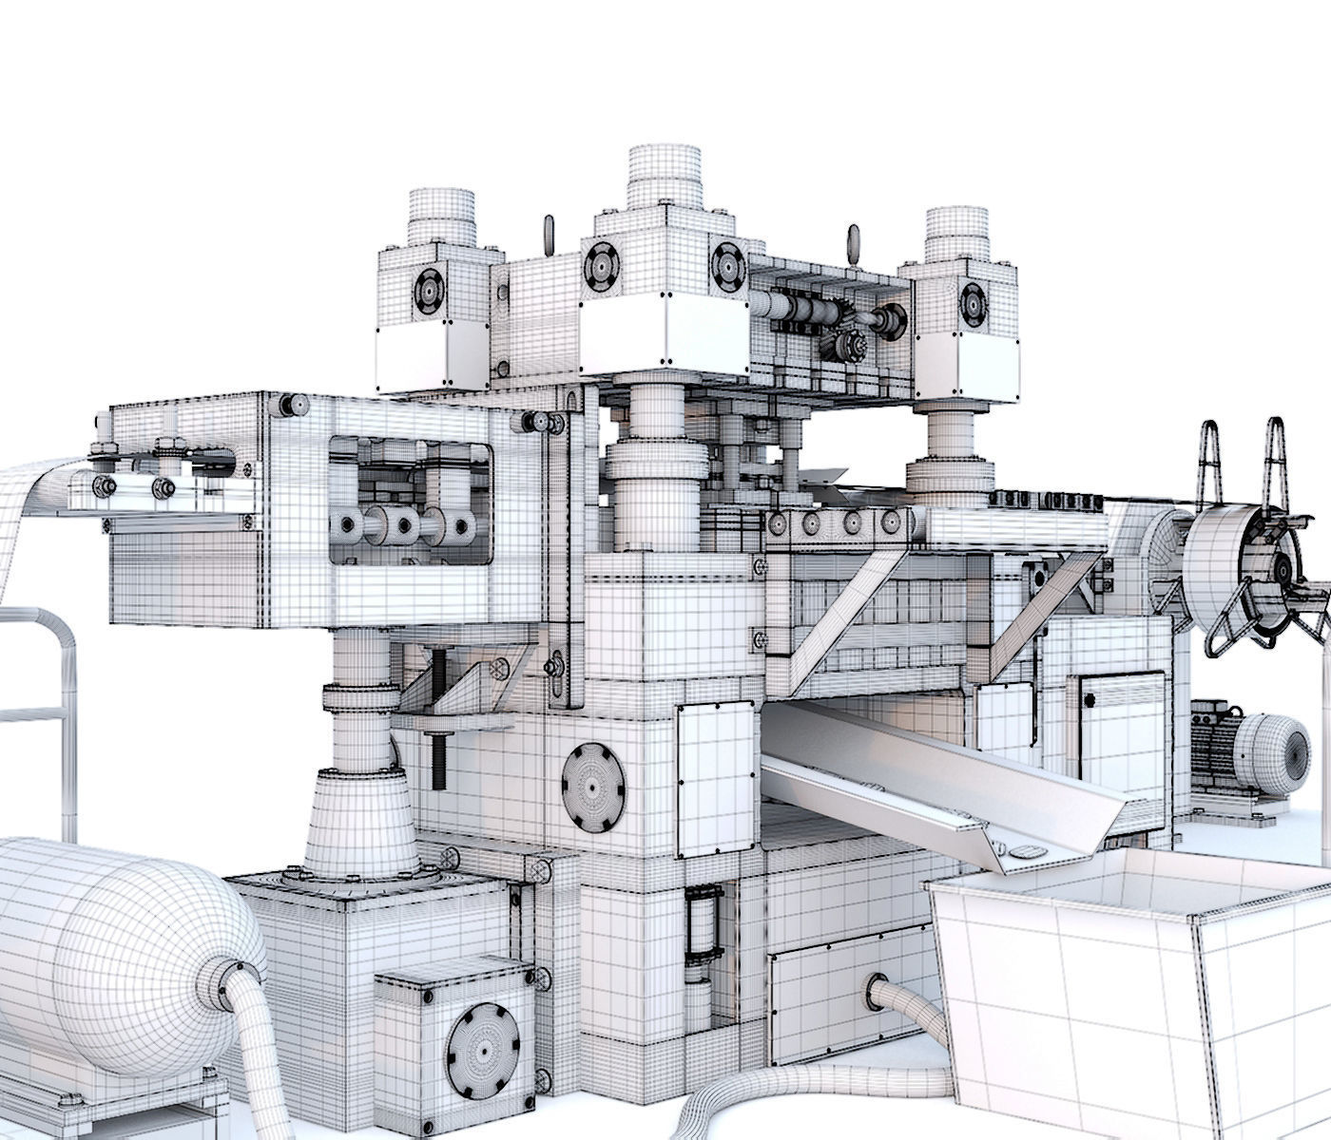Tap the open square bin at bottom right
coord(1131,997)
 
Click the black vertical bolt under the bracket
coord(437,760)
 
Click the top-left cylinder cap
coord(441,215)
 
